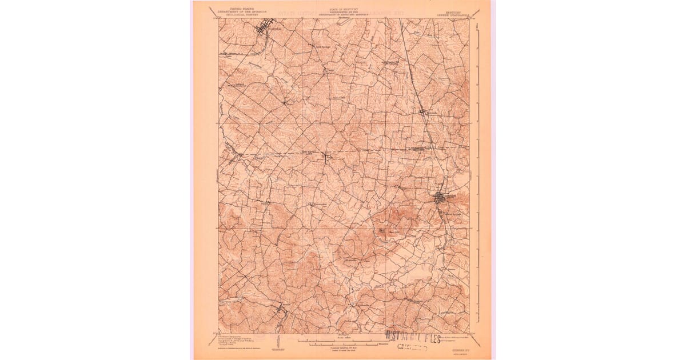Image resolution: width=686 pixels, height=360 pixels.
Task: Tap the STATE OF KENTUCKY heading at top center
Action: point(343,9)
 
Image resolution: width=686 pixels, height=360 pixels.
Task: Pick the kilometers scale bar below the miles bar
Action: point(343,344)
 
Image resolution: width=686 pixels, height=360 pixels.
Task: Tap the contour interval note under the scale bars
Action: point(343,348)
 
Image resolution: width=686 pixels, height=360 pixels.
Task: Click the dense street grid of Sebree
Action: point(440,198)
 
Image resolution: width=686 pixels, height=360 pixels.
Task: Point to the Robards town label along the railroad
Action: point(430,113)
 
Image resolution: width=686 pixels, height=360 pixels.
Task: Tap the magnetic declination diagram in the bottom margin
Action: point(277,342)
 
